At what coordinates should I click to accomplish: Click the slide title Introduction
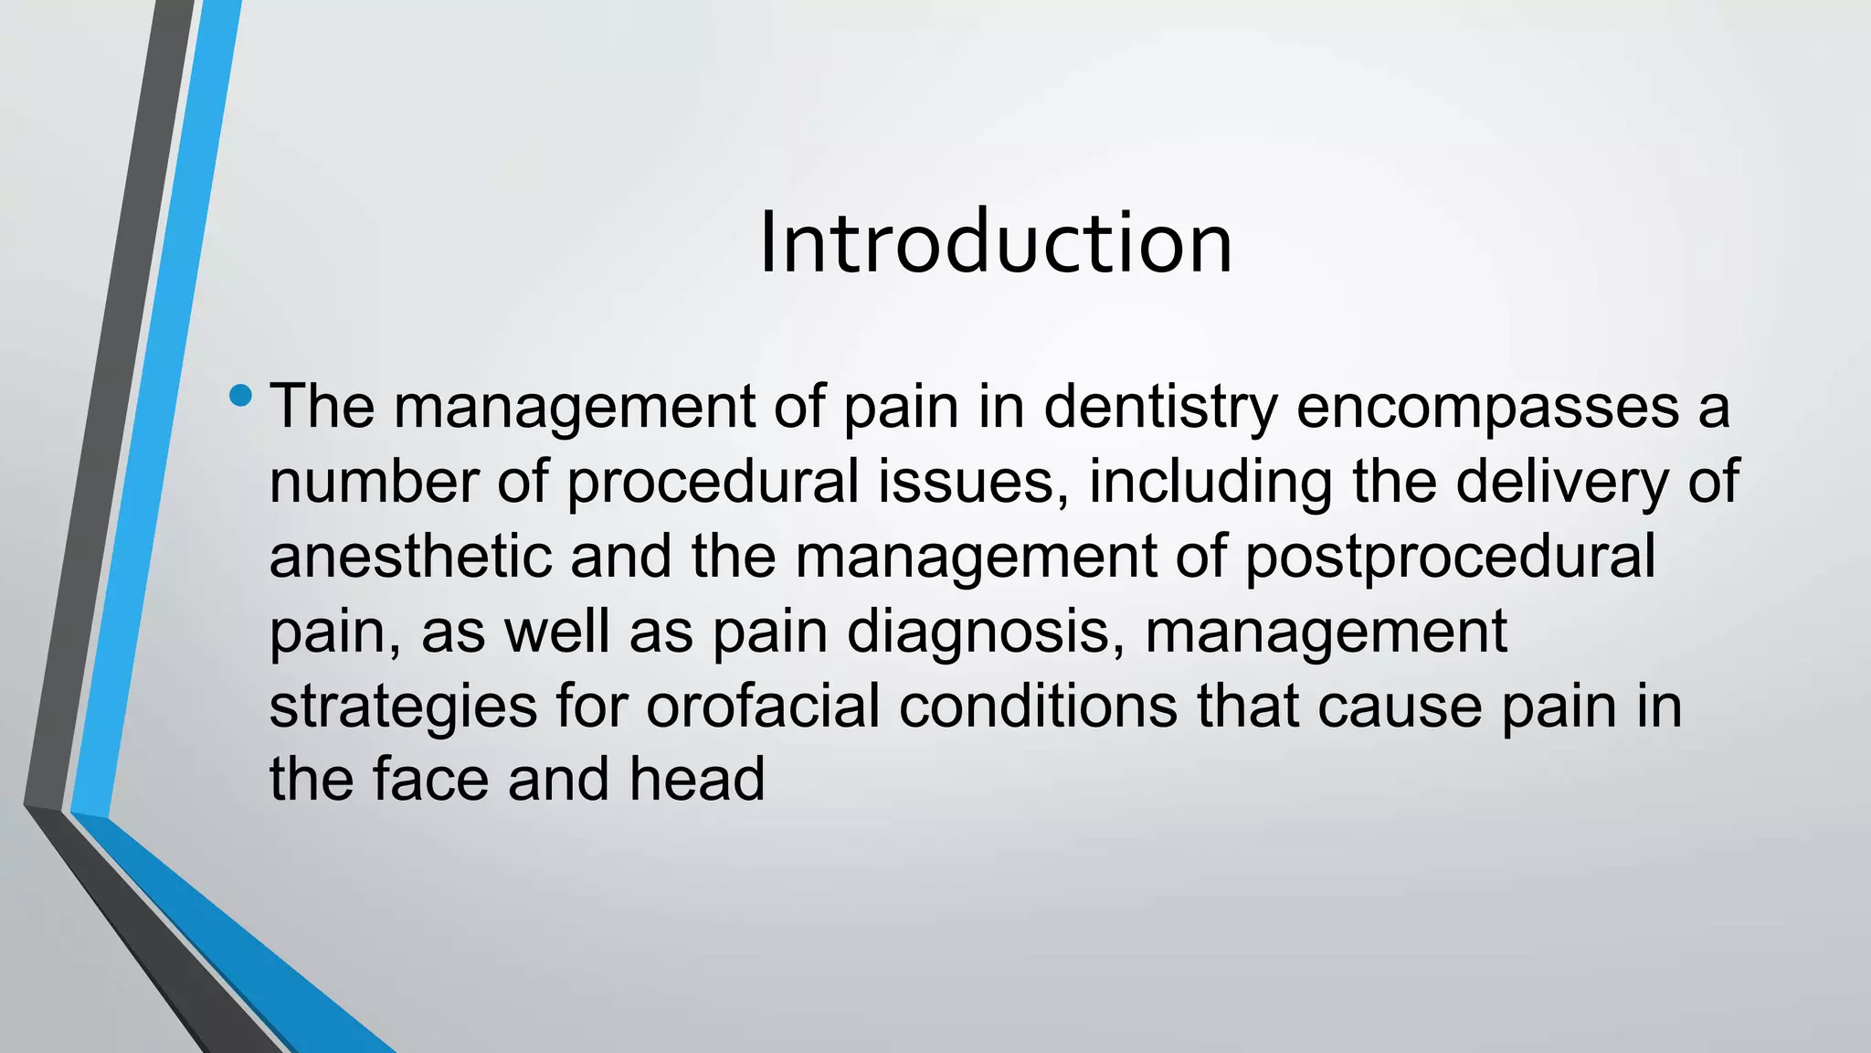(x=995, y=242)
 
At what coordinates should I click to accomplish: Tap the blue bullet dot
(x=241, y=396)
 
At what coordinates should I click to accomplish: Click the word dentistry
(x=1160, y=407)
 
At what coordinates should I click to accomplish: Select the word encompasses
(x=1487, y=407)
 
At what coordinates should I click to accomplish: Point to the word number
(x=374, y=482)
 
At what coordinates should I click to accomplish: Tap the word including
(x=1210, y=482)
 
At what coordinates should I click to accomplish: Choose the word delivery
(x=1562, y=482)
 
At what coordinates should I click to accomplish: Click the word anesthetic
(x=411, y=557)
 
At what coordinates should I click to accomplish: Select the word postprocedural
(x=1450, y=557)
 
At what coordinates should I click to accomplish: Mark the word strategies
(x=403, y=707)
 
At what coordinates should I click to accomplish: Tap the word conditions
(x=1039, y=707)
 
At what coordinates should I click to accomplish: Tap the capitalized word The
(x=322, y=407)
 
